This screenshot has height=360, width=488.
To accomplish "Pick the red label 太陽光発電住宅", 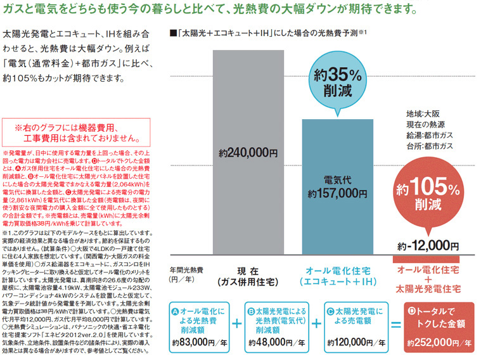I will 428,292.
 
